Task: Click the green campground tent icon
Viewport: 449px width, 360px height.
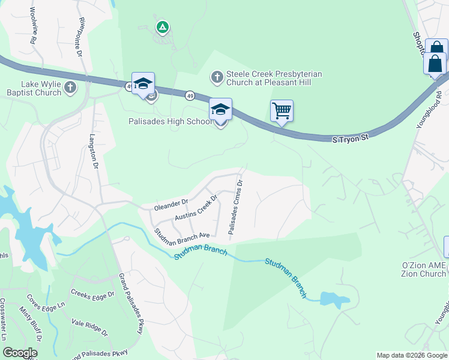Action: pos(162,26)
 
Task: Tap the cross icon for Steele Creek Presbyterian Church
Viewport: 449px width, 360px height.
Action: pos(217,76)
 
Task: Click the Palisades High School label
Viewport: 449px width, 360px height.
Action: pos(171,121)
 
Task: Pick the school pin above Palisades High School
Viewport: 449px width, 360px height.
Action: pos(220,110)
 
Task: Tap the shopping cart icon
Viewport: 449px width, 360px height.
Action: pos(282,111)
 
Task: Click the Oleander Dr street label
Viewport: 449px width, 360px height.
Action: pos(171,205)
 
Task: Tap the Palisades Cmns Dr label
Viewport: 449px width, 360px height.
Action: pos(235,206)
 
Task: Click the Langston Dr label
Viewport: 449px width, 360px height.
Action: pos(94,154)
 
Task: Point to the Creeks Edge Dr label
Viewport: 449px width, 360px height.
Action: pos(92,294)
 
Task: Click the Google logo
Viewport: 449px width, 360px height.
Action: pos(20,353)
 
